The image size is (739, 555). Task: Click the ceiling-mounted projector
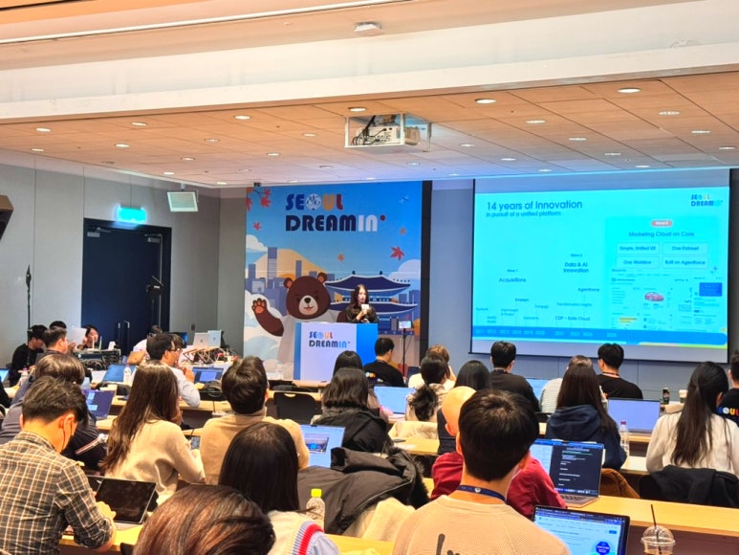click(x=386, y=132)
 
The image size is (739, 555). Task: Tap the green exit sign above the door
click(x=131, y=214)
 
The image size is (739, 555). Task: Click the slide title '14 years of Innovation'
click(x=533, y=205)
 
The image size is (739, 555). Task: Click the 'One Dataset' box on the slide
click(x=685, y=248)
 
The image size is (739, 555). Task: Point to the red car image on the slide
click(x=653, y=297)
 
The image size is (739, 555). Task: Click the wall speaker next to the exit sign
click(x=182, y=201)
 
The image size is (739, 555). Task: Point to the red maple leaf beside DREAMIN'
click(x=396, y=253)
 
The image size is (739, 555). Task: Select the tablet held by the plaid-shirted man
click(x=126, y=499)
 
